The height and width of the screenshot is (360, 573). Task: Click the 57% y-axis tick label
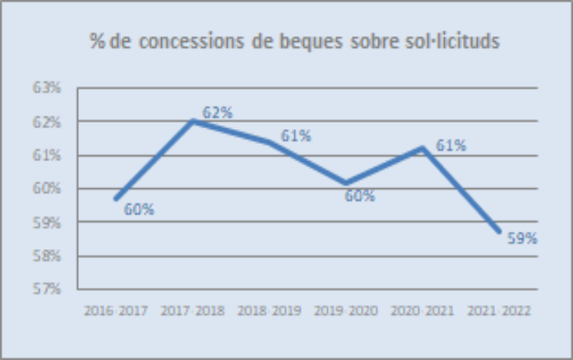click(49, 289)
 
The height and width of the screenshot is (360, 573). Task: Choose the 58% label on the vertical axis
click(49, 256)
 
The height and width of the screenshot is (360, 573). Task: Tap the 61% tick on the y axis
click(49, 155)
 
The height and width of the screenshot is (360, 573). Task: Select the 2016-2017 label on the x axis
click(115, 312)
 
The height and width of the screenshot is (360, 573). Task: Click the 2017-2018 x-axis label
click(192, 312)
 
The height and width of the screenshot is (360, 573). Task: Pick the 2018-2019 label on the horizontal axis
click(269, 312)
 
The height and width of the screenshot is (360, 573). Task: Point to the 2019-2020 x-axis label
click(345, 312)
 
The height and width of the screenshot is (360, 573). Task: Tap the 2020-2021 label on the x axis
click(423, 312)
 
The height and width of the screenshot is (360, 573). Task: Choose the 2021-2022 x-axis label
click(499, 312)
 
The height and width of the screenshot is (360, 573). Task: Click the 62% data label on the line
click(218, 113)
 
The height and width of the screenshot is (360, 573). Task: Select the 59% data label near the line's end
click(522, 239)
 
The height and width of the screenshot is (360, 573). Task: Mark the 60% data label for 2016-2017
click(139, 210)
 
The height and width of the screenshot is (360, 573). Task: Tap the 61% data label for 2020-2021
click(451, 146)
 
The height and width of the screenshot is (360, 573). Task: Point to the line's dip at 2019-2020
click(346, 183)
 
